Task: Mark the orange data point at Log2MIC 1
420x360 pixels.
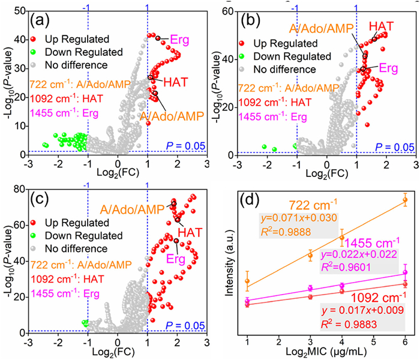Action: (248, 281)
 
